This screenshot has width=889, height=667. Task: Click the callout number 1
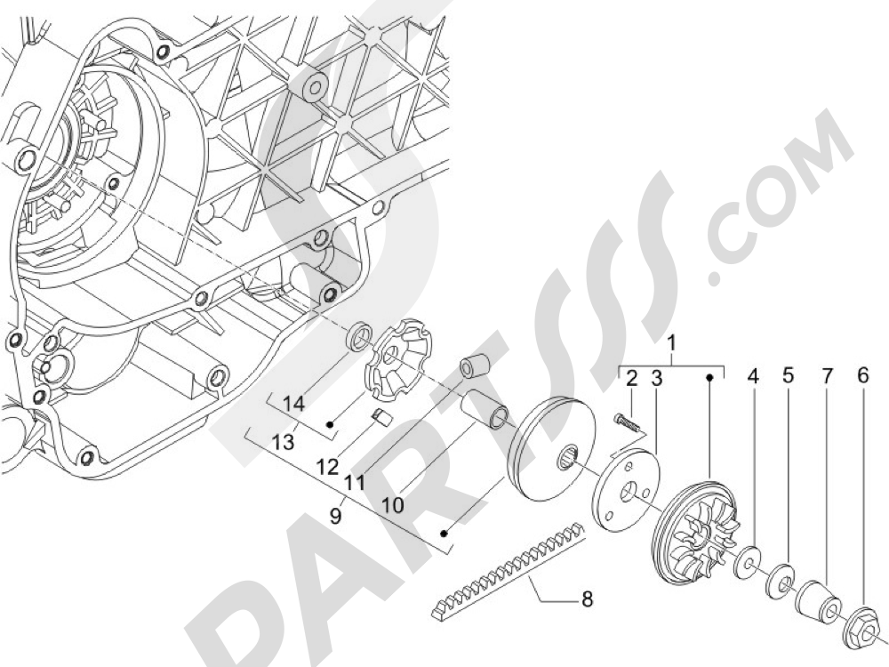(x=672, y=343)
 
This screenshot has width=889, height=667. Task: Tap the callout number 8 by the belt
(x=587, y=598)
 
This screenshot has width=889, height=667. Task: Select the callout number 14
(x=293, y=405)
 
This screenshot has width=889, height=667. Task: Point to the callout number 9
(x=336, y=516)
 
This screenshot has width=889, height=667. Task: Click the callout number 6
(x=862, y=375)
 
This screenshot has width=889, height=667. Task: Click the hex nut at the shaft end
(x=860, y=627)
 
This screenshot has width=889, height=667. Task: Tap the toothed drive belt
(x=509, y=568)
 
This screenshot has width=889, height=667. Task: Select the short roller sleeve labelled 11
(x=473, y=366)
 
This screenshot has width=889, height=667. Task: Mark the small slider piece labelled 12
(x=382, y=418)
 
